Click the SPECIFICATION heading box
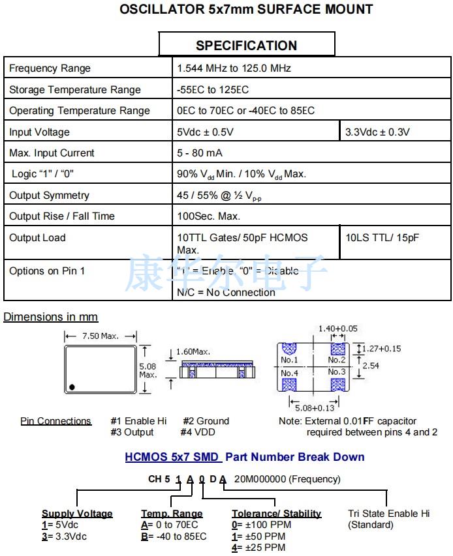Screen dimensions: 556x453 pyautogui.click(x=247, y=45)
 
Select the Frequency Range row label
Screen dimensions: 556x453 pyautogui.click(x=50, y=68)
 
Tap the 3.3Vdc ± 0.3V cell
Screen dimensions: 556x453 pyautogui.click(x=377, y=132)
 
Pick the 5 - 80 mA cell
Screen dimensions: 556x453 pyautogui.click(x=200, y=153)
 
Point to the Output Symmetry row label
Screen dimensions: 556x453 pyautogui.click(x=49, y=196)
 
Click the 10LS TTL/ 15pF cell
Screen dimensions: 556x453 pyautogui.click(x=382, y=238)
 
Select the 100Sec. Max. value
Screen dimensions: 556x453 pyautogui.click(x=209, y=216)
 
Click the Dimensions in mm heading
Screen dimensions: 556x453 pyautogui.click(x=51, y=317)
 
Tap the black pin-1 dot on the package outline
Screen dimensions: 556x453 pyautogui.click(x=72, y=387)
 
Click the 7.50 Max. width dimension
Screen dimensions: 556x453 pyautogui.click(x=100, y=336)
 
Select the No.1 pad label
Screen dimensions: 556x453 pyautogui.click(x=289, y=360)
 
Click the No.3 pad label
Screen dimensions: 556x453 pyautogui.click(x=337, y=372)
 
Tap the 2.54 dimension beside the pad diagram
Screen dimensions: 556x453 pyautogui.click(x=371, y=366)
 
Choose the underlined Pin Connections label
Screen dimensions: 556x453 pyautogui.click(x=56, y=421)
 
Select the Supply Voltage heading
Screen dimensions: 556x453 pyautogui.click(x=77, y=514)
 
